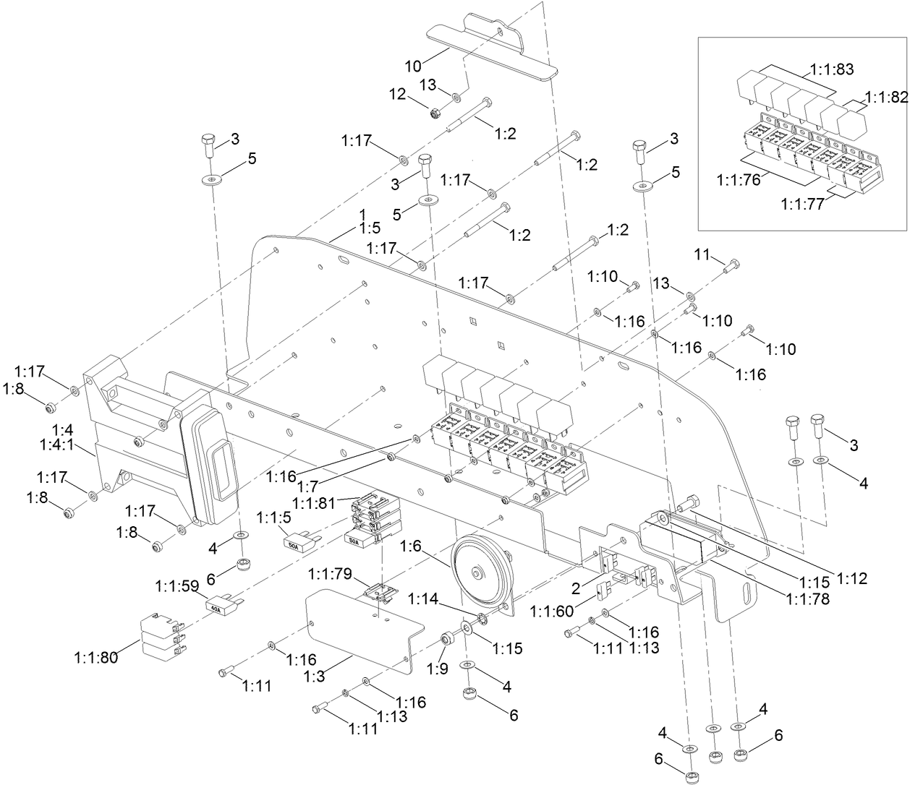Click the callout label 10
tap(412, 66)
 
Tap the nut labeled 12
tap(436, 113)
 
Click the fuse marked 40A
tap(220, 608)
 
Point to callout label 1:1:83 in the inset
tap(828, 70)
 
